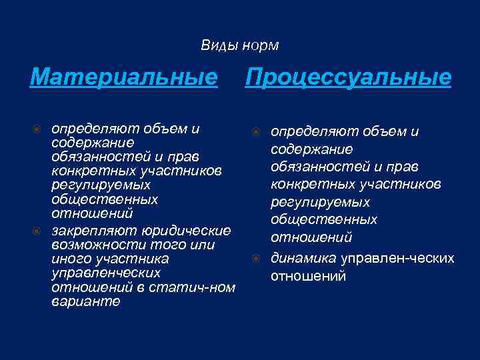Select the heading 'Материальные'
[x=125, y=78]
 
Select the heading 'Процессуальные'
[x=349, y=78]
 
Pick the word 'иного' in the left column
[x=70, y=259]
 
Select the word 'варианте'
[x=86, y=301]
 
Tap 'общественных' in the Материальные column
[x=104, y=199]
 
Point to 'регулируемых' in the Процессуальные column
[x=319, y=202]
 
